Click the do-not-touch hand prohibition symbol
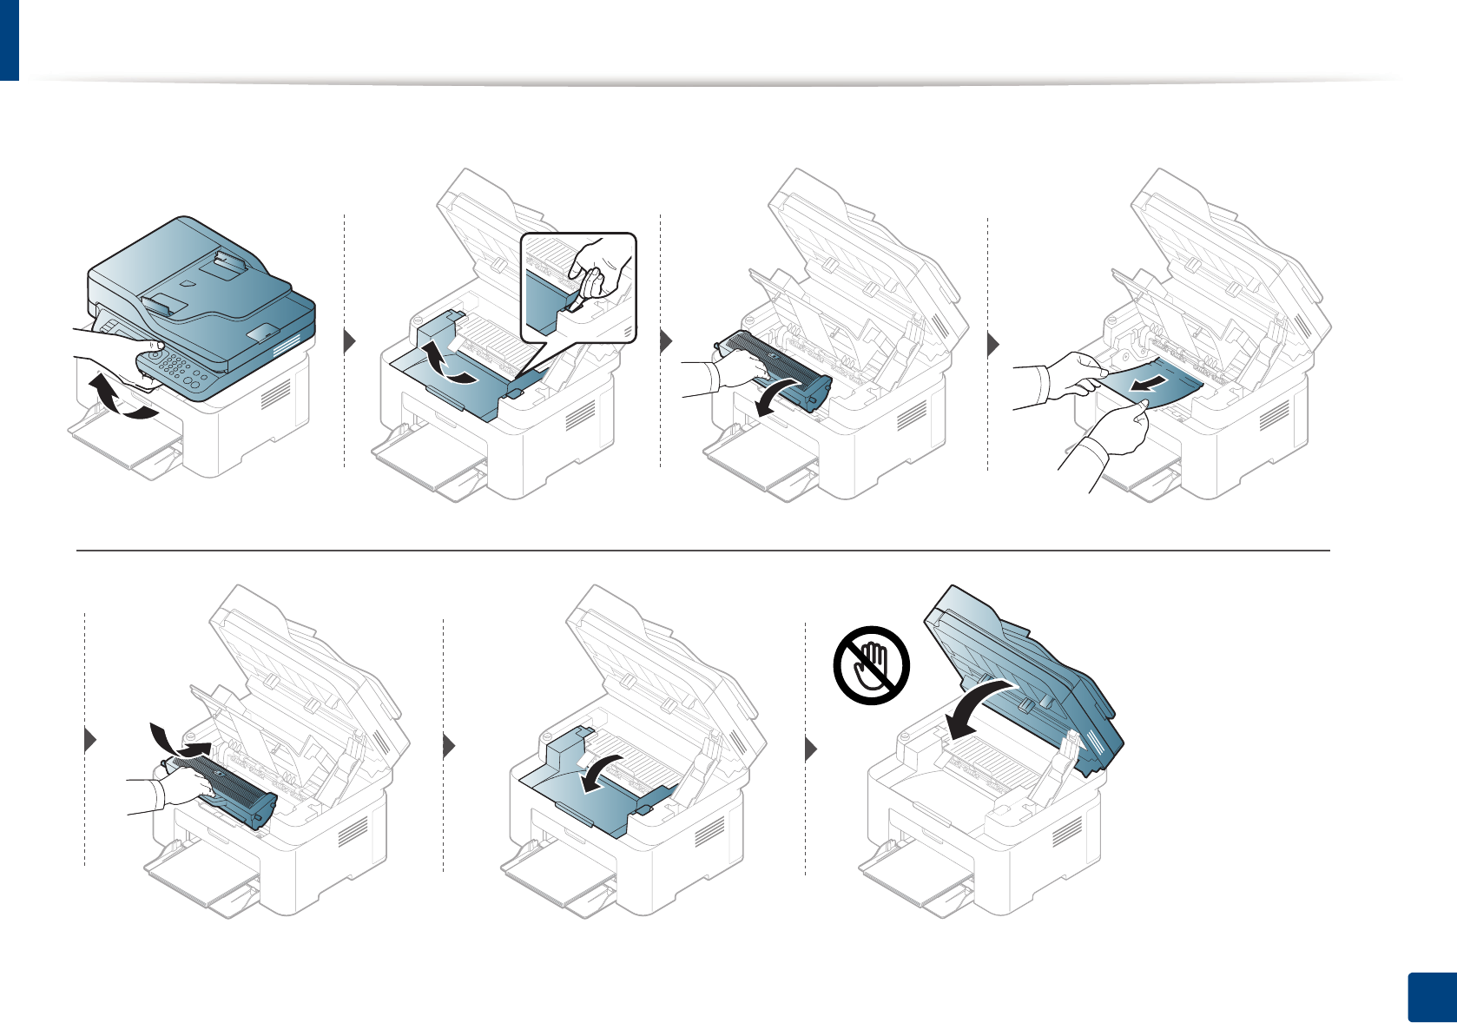point(871,665)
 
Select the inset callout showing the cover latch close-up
point(578,286)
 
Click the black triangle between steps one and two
point(350,340)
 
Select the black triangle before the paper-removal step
point(993,344)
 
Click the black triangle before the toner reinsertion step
point(89,740)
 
